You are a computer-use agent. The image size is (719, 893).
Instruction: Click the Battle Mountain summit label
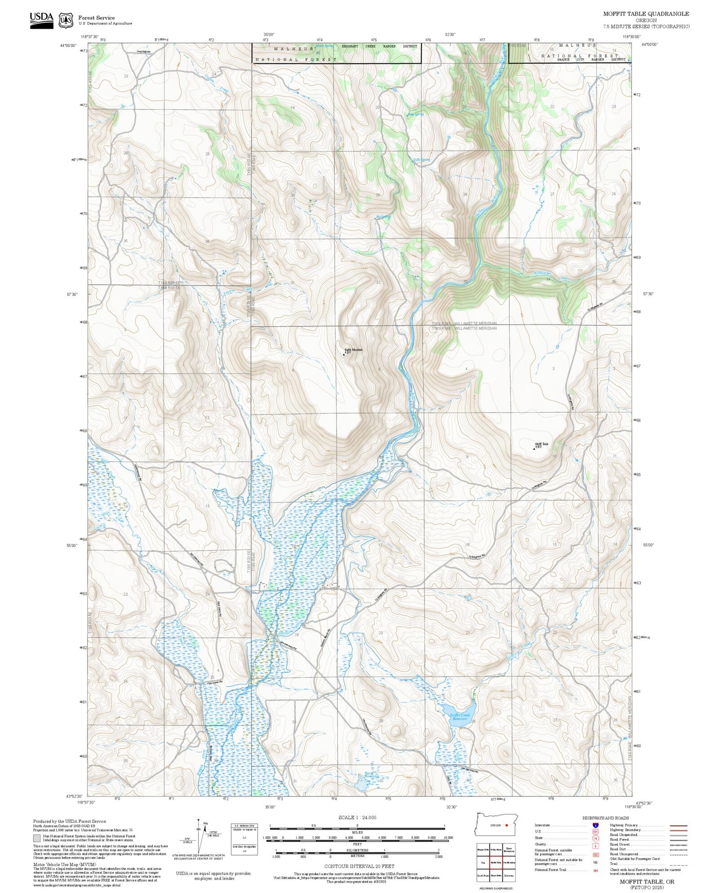click(353, 350)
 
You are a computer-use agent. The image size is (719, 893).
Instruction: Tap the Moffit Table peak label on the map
click(541, 445)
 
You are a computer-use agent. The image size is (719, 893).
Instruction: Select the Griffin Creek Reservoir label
click(459, 717)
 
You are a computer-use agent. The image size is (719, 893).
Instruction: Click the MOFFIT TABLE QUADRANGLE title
click(646, 14)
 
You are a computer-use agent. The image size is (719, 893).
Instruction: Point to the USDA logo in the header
click(41, 20)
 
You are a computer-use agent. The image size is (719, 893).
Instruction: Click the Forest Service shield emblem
click(66, 20)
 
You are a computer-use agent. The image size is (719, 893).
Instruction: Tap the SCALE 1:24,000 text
click(357, 817)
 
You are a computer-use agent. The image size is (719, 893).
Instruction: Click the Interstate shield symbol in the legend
click(596, 825)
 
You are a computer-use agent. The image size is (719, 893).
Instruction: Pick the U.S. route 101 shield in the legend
click(596, 831)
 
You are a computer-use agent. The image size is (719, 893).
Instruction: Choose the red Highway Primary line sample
click(678, 825)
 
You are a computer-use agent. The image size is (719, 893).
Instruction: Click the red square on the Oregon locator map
click(507, 825)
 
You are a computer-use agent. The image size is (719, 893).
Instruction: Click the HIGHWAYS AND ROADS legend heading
click(606, 818)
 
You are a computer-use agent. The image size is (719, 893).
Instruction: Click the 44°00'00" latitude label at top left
click(68, 45)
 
